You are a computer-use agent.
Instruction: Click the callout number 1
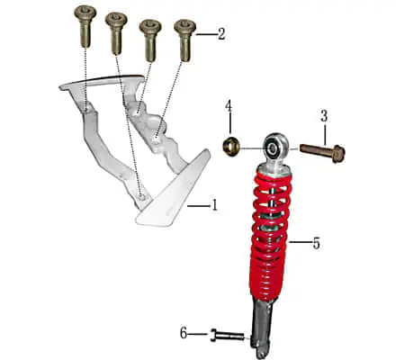point(214,205)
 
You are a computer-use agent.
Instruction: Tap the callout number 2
point(221,34)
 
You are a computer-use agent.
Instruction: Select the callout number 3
point(324,116)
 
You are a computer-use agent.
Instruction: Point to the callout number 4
point(229,106)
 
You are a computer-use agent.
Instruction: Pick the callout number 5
point(317,243)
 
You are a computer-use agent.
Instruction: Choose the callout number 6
point(184,333)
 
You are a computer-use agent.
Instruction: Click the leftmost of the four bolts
point(85,26)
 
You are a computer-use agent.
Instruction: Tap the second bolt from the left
point(116,33)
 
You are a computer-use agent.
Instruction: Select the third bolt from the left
point(150,40)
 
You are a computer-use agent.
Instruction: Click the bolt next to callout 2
point(185,40)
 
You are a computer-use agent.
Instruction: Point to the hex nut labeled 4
point(230,146)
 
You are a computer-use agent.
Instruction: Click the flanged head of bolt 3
point(338,154)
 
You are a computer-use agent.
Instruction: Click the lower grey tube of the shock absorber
point(263,327)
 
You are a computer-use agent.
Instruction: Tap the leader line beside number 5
point(299,241)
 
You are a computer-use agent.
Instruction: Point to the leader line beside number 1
point(198,206)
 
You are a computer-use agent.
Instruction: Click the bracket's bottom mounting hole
point(141,196)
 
